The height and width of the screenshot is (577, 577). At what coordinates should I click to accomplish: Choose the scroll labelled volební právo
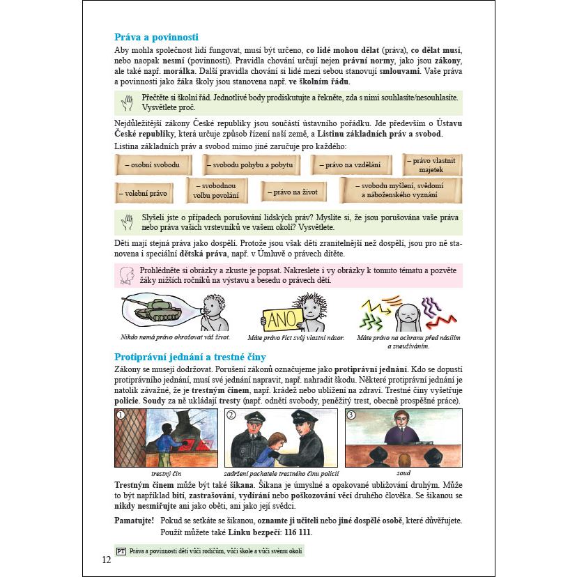[143, 192]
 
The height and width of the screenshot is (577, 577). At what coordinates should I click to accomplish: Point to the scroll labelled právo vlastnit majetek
[431, 164]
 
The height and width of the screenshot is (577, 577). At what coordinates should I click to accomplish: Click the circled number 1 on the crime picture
[121, 415]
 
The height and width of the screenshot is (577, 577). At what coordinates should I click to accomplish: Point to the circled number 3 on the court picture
[351, 415]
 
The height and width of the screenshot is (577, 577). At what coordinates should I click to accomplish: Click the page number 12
[106, 560]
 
